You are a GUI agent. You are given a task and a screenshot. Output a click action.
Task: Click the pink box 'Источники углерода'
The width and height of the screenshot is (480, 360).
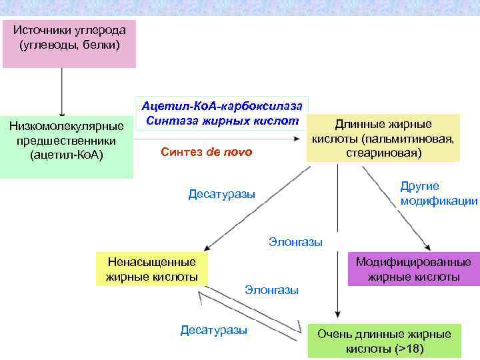[x=69, y=43]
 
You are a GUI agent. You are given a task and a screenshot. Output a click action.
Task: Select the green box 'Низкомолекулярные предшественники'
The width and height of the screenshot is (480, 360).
[x=67, y=141]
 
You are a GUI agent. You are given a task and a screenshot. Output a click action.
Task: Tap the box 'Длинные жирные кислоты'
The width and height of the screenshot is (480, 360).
[x=383, y=139]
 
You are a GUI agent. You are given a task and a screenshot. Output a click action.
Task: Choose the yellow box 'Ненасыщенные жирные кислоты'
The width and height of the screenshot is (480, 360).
[x=151, y=269]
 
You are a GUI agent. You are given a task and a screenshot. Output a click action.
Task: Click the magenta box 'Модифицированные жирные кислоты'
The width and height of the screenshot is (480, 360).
[x=413, y=269]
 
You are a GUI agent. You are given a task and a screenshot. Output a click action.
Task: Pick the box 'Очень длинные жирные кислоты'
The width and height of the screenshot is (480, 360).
[x=384, y=341]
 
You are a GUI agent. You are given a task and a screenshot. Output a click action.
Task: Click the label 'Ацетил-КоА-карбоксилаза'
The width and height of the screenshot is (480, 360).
[x=222, y=107]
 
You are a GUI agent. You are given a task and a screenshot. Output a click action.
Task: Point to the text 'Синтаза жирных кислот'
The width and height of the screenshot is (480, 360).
[x=222, y=121]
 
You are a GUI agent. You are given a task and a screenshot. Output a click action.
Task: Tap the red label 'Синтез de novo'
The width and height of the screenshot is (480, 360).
[x=207, y=152]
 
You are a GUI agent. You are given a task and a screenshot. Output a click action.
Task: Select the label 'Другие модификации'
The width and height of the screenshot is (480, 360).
[x=439, y=193]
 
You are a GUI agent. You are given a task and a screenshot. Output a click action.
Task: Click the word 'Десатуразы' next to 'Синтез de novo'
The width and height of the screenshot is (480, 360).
[x=221, y=195]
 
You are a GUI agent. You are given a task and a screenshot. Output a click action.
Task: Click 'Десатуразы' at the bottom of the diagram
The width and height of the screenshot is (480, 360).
[x=213, y=330]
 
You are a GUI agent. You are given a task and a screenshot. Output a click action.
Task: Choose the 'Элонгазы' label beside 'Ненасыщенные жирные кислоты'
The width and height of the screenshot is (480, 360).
[x=271, y=290]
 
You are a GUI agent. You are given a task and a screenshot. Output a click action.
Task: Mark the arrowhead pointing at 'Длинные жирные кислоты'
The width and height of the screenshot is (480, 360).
[x=296, y=139]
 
